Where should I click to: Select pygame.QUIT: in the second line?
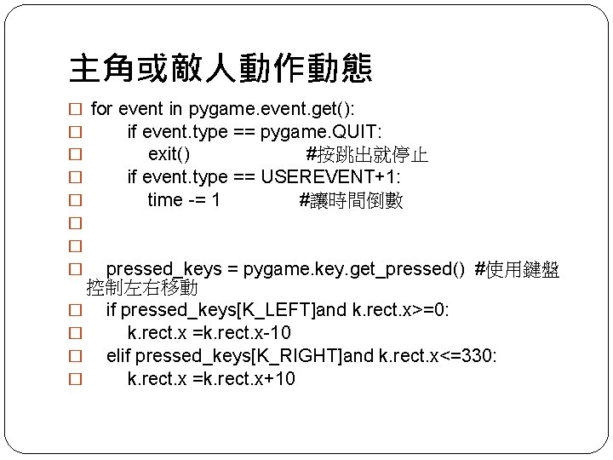pos(321,132)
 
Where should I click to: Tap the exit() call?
pos(169,155)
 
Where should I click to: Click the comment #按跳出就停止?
pos(367,155)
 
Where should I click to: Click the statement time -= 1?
pos(183,200)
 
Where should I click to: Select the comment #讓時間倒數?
pos(351,200)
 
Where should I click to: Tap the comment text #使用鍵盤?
pos(517,269)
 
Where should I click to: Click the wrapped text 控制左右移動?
pos(142,289)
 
